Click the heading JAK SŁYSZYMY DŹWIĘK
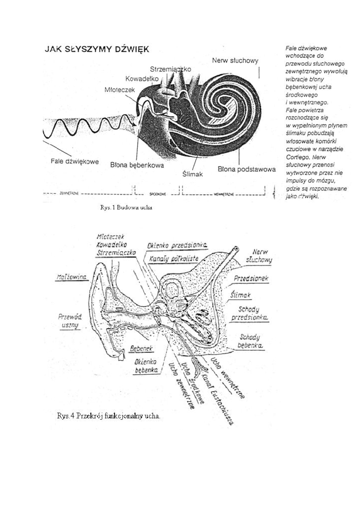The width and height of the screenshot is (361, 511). pyautogui.click(x=97, y=49)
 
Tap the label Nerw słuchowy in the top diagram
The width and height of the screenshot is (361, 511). pyautogui.click(x=235, y=60)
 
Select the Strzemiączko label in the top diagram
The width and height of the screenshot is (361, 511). pyautogui.click(x=170, y=69)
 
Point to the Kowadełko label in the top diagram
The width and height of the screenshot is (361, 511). pyautogui.click(x=142, y=79)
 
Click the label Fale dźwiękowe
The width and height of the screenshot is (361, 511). pyautogui.click(x=75, y=162)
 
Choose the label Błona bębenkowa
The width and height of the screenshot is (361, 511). pyautogui.click(x=137, y=165)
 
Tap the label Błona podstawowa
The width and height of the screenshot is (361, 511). pyautogui.click(x=246, y=169)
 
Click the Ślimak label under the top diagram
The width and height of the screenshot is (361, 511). pyautogui.click(x=193, y=174)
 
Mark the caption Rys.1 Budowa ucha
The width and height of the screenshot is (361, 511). pyautogui.click(x=126, y=207)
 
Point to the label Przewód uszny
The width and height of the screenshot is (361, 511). pyautogui.click(x=70, y=321)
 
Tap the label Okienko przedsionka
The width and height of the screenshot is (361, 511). pyautogui.click(x=177, y=246)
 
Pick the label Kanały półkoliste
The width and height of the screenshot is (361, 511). pyautogui.click(x=174, y=259)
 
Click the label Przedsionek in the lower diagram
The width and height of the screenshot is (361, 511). pyautogui.click(x=251, y=278)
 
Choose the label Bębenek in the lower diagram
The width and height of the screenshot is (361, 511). pyautogui.click(x=141, y=348)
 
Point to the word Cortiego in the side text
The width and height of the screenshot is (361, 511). pyautogui.click(x=298, y=157)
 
